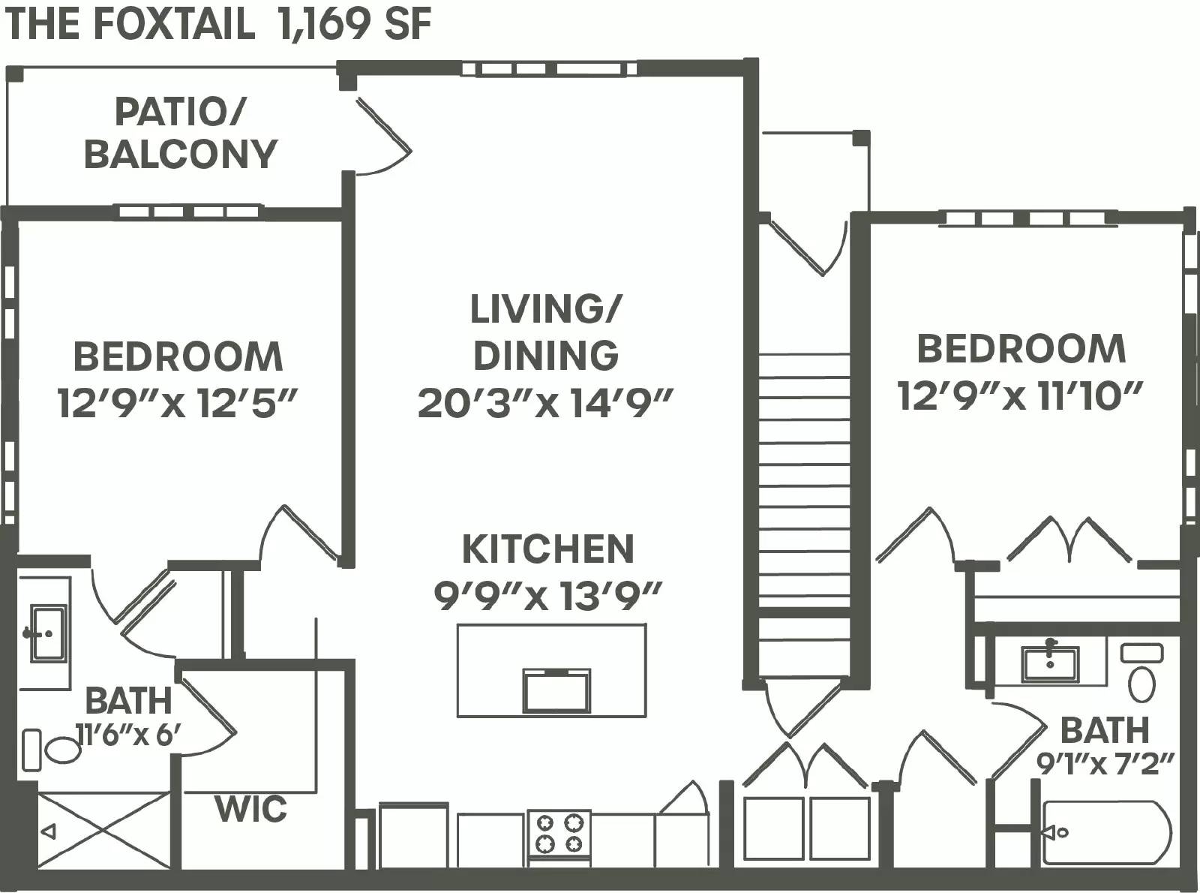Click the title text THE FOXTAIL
[x=130, y=24]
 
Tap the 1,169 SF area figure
[x=354, y=24]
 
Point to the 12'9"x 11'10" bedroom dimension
[x=1020, y=395]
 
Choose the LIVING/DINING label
[x=546, y=332]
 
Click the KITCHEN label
[x=547, y=549]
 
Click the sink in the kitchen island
[x=556, y=690]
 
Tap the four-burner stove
[x=559, y=833]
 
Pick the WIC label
[x=250, y=809]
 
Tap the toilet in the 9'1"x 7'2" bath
[x=1141, y=675]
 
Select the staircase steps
[x=805, y=480]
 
